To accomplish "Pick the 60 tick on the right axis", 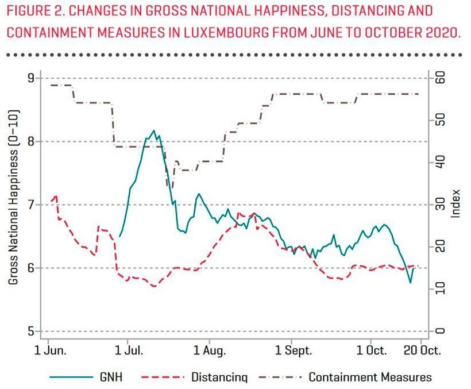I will (x=441, y=78).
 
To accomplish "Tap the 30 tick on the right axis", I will (x=441, y=205).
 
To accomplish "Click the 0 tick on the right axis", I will (x=441, y=331).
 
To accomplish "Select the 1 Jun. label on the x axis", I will (x=51, y=349).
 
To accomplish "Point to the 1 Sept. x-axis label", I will (x=291, y=349).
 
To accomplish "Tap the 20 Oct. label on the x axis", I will (x=420, y=349).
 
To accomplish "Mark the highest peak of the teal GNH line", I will (x=153, y=131).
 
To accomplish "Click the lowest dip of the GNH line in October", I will (x=410, y=283).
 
